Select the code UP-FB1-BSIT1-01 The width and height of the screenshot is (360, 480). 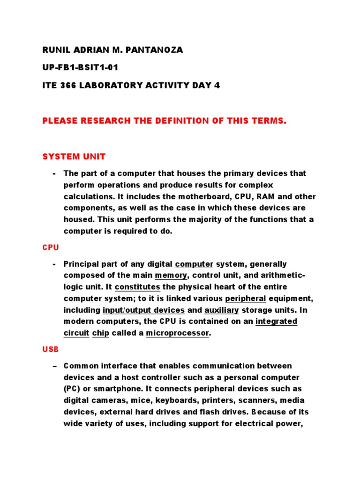point(80,68)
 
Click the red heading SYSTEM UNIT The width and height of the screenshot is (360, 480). point(74,156)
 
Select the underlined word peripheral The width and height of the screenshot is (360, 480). point(245,299)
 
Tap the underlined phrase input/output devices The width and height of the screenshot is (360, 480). point(144,310)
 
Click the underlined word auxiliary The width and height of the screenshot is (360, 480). point(222,310)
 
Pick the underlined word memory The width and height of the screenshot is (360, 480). point(171,276)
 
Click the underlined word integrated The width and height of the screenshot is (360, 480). point(276,321)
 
